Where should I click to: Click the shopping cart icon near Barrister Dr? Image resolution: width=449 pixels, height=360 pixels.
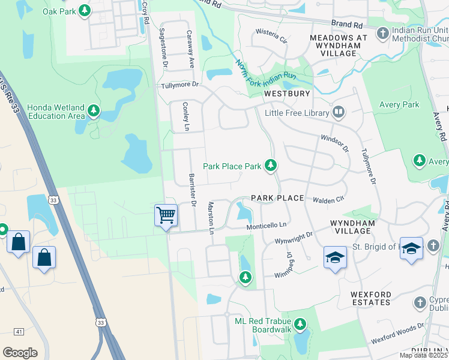[x=166, y=215]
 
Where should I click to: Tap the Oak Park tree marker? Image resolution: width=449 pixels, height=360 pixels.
[x=85, y=10]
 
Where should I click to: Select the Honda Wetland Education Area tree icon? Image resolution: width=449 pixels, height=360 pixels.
[x=93, y=110]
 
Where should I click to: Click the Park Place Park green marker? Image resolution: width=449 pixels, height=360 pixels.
[x=271, y=165]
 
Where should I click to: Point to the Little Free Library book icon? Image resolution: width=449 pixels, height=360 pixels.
[x=339, y=112]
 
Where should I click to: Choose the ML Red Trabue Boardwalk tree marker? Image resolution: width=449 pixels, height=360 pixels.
[x=300, y=325]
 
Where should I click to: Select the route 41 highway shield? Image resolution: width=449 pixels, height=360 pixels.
[x=19, y=331]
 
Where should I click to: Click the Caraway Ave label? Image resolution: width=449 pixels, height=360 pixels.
[x=190, y=49]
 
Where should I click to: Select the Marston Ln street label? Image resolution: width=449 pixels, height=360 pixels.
[x=211, y=217]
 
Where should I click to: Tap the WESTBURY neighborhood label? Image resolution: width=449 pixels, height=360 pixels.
[x=287, y=94]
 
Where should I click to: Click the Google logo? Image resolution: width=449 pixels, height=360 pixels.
[x=20, y=353]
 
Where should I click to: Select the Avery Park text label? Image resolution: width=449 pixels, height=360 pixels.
[x=399, y=105]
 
